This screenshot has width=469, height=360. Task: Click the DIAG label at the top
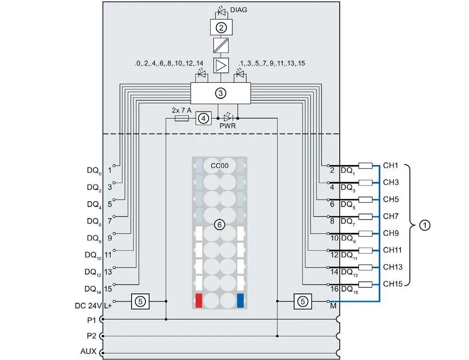[238, 10]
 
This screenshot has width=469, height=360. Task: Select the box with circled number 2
[221, 27]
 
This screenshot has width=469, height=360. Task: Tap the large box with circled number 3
[220, 93]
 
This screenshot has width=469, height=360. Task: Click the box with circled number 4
[204, 119]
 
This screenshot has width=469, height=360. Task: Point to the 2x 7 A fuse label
[182, 110]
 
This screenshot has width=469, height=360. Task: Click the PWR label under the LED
[228, 126]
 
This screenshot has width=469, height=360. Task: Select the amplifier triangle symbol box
[221, 65]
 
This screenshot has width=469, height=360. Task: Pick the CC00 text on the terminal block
[219, 166]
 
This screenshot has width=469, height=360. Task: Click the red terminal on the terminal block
[198, 300]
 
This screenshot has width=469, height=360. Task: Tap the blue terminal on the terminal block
[240, 300]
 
